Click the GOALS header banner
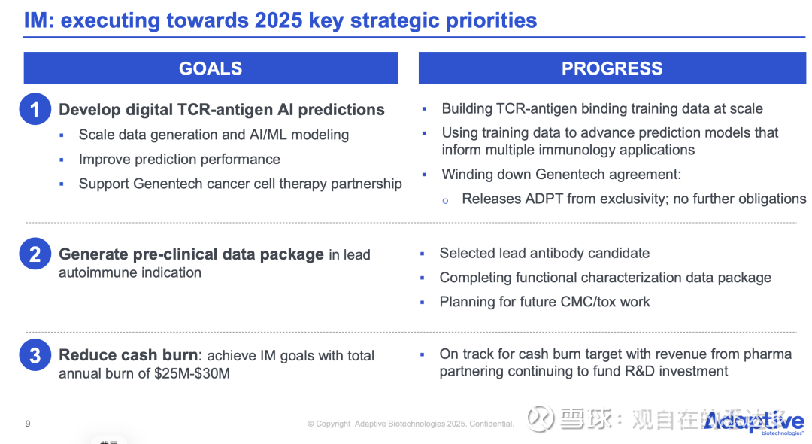pyautogui.click(x=211, y=68)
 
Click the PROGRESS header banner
pyautogui.click(x=612, y=68)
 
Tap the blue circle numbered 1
pyautogui.click(x=35, y=109)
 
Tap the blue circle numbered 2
pyautogui.click(x=35, y=254)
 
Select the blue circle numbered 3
pyautogui.click(x=35, y=355)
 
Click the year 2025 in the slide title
pyautogui.click(x=279, y=20)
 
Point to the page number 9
pyautogui.click(x=28, y=424)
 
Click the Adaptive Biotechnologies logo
pyautogui.click(x=753, y=423)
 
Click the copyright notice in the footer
pyautogui.click(x=411, y=424)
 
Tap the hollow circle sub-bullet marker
pyautogui.click(x=445, y=200)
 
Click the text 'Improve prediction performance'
pyautogui.click(x=179, y=160)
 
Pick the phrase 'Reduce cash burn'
pyautogui.click(x=128, y=355)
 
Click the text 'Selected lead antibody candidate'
pyautogui.click(x=544, y=253)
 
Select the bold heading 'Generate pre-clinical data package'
pyautogui.click(x=191, y=254)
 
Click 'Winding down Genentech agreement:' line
pyautogui.click(x=562, y=175)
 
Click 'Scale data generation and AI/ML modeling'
pyautogui.click(x=214, y=135)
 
